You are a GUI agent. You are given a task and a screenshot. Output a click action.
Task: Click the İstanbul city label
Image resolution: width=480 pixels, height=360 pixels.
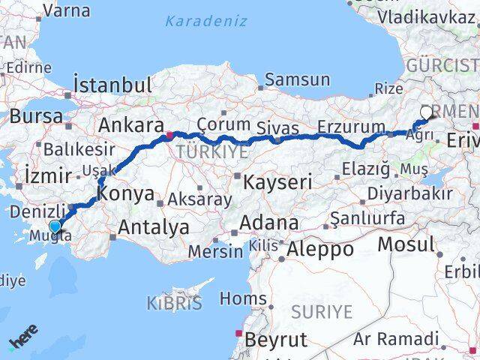(x=112, y=82)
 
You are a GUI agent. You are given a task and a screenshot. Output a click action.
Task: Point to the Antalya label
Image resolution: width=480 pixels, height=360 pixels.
(x=154, y=226)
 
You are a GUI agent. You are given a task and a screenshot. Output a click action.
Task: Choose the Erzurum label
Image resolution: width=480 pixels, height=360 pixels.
(x=351, y=125)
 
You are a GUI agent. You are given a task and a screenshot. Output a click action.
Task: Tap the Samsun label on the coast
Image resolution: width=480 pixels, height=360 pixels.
(x=297, y=79)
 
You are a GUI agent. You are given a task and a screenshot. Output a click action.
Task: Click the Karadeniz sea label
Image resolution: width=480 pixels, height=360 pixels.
(x=205, y=20)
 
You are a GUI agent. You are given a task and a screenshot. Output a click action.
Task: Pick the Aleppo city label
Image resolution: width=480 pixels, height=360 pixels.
(x=322, y=248)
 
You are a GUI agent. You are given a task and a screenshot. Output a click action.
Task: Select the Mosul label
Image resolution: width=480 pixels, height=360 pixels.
(x=406, y=244)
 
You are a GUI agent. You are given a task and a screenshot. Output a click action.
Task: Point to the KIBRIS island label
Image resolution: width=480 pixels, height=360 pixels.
(x=175, y=303)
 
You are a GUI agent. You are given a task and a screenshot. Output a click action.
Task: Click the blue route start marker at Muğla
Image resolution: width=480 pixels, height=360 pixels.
(x=55, y=226)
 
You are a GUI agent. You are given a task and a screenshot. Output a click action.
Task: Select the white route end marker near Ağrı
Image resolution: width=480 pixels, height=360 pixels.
(x=427, y=112)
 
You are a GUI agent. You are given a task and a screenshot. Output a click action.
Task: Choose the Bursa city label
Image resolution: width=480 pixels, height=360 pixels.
(x=37, y=116)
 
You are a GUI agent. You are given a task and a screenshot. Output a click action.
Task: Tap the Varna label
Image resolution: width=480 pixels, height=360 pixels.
(x=67, y=10)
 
